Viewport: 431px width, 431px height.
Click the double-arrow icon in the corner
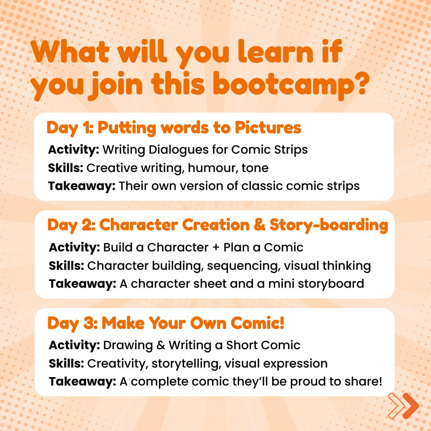403,406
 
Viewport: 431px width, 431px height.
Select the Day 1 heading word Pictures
268,128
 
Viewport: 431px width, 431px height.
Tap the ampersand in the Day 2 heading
259,225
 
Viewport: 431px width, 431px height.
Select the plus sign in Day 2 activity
216,247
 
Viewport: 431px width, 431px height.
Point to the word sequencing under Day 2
243,266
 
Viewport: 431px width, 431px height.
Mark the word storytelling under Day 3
186,364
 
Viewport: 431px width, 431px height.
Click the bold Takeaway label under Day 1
82,186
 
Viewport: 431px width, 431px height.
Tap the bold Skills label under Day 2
66,266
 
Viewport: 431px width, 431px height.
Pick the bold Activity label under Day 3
74,346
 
